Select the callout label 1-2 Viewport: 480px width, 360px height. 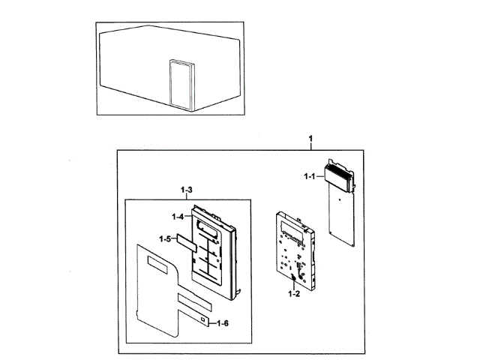(293, 294)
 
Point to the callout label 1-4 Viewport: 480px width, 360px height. (177, 217)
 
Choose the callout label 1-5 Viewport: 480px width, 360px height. (165, 238)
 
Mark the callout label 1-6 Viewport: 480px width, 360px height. (223, 323)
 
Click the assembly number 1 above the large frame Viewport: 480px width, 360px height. (311, 140)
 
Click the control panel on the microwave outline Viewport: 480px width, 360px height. (180, 83)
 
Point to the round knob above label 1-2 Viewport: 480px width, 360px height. (293, 279)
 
